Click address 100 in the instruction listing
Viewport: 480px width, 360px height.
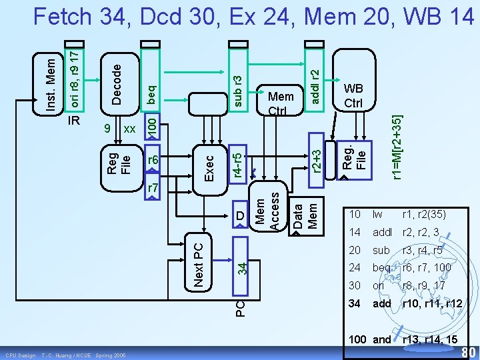tap(357, 339)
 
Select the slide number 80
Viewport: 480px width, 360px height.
tap(468, 351)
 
